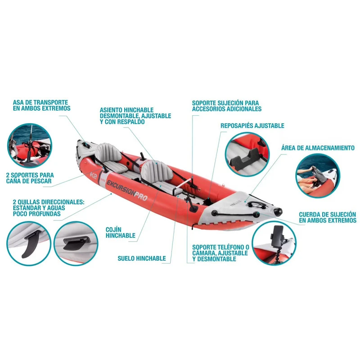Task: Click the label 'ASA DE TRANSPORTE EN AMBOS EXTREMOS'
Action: pyautogui.click(x=41, y=105)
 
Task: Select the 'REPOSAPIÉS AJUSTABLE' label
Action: pyautogui.click(x=252, y=126)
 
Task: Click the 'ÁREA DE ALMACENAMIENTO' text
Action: pyautogui.click(x=318, y=148)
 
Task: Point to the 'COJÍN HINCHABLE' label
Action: pyautogui.click(x=120, y=232)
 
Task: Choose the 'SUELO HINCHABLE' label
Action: pyautogui.click(x=142, y=258)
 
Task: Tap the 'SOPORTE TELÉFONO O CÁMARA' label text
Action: pyautogui.click(x=220, y=253)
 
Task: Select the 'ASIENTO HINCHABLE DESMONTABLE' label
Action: pyautogui.click(x=135, y=116)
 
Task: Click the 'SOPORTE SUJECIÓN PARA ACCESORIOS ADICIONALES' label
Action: pyautogui.click(x=226, y=106)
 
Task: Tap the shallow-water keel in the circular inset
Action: pyautogui.click(x=74, y=243)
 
